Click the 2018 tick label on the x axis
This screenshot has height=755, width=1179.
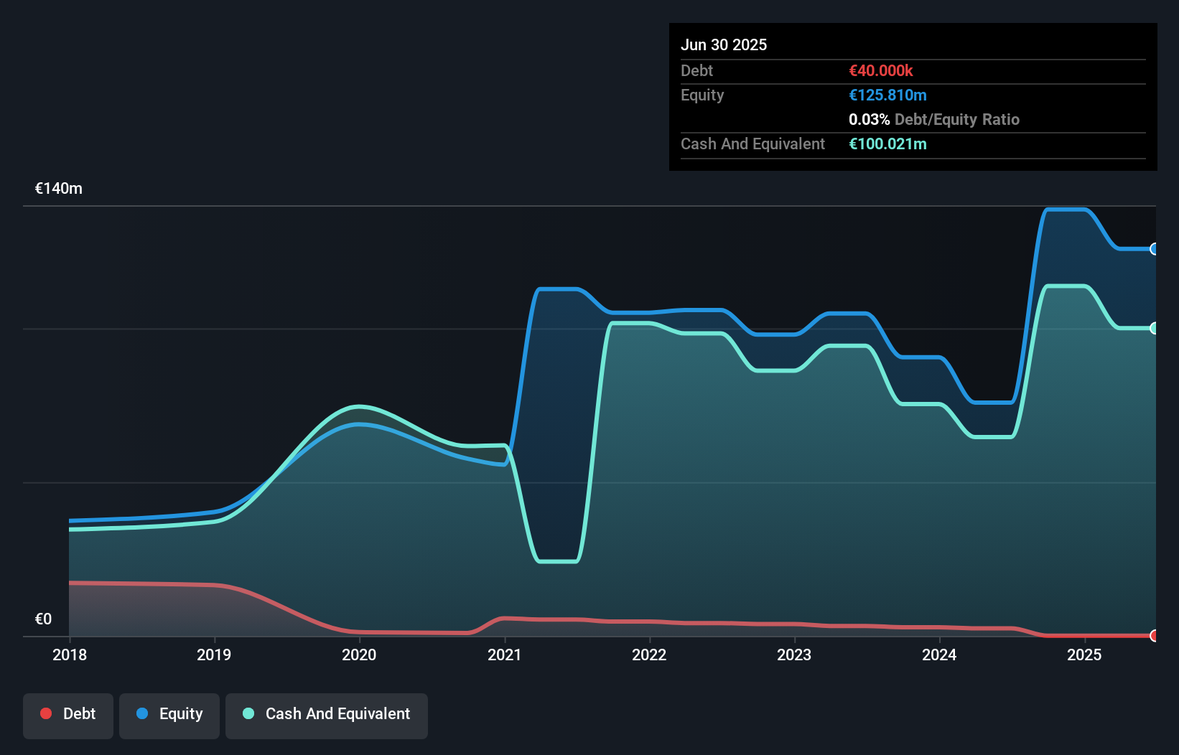[x=70, y=655]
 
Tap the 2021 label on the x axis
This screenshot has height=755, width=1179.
[x=504, y=655]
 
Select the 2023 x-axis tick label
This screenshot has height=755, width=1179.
[x=794, y=655]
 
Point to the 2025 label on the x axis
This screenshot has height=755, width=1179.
[x=1084, y=655]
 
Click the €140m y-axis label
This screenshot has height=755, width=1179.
[x=59, y=189]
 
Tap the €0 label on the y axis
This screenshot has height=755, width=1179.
[x=43, y=619]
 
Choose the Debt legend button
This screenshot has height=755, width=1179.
[x=68, y=714]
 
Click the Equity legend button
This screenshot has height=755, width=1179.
[x=169, y=714]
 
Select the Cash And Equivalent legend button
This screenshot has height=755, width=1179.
[x=327, y=714]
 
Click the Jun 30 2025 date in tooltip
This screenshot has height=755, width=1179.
[x=724, y=44]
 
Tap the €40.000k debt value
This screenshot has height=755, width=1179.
[x=881, y=70]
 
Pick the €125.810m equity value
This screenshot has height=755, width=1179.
[x=887, y=95]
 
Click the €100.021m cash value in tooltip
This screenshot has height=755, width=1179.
[x=887, y=144]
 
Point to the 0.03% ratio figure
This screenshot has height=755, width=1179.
[x=869, y=119]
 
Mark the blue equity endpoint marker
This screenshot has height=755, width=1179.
[x=1154, y=249]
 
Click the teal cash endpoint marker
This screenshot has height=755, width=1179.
[x=1154, y=328]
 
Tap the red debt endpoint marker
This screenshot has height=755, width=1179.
[x=1154, y=635]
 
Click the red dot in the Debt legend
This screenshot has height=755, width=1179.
[x=46, y=713]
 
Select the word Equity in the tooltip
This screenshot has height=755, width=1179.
[x=702, y=95]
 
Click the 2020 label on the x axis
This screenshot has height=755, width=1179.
[x=359, y=655]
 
